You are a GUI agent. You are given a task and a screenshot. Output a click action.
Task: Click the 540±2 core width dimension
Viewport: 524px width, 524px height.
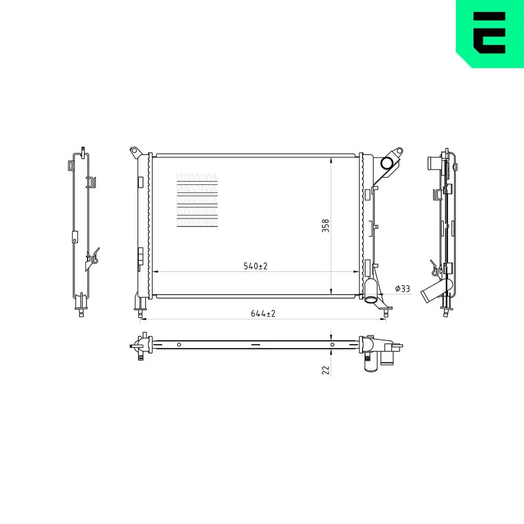pos(255,266)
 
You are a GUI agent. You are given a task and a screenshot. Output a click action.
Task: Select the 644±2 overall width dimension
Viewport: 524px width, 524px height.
pos(263,313)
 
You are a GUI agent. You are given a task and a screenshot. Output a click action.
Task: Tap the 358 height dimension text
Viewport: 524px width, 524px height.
pos(325,225)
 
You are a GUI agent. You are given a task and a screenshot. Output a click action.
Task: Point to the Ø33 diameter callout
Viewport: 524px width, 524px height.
pos(402,288)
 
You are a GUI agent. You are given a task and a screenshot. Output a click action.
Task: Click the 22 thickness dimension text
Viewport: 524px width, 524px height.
pos(325,370)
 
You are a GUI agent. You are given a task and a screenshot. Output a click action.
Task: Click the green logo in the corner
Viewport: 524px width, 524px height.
pos(490,34)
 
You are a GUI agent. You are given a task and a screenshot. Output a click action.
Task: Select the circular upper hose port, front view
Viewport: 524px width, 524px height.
pos(387,163)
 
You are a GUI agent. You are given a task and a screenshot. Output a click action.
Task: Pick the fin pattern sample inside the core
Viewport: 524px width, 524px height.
pos(197,200)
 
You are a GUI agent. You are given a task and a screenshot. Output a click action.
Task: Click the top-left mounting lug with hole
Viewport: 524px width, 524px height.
pos(134,151)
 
